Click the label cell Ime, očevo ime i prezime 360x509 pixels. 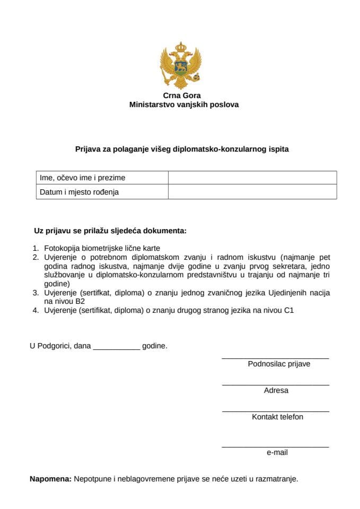click(83, 178)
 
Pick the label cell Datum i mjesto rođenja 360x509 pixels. click(80, 192)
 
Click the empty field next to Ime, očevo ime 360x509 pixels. click(252, 178)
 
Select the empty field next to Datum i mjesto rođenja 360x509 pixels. click(252, 192)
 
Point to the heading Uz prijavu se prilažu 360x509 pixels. click(110, 231)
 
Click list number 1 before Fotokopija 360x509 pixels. click(36, 248)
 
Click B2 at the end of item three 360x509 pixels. click(80, 301)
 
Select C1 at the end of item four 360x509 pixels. click(288, 310)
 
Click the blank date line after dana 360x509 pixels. click(116, 348)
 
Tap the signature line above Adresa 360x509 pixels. click(275, 385)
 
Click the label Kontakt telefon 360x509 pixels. click(277, 417)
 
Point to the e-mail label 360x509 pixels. click(277, 453)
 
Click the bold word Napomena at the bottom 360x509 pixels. click(50, 479)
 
